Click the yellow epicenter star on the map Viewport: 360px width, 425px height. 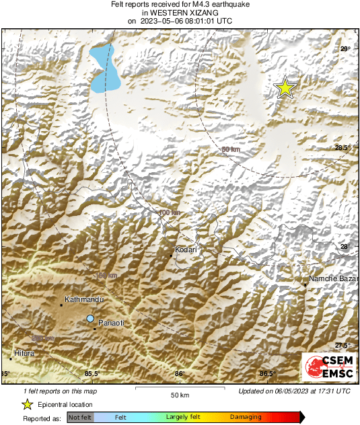point(285,88)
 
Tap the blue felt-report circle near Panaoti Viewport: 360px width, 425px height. point(90,318)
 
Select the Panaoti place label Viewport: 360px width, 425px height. point(112,323)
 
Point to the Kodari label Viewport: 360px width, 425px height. point(185,249)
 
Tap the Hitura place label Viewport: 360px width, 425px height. point(24,352)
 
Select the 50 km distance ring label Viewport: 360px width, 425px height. point(230,149)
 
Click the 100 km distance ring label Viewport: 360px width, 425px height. point(170,213)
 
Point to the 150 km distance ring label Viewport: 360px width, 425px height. point(106,276)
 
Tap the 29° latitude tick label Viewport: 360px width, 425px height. point(345,49)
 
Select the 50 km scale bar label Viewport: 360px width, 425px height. point(178,395)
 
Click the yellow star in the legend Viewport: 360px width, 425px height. point(27,404)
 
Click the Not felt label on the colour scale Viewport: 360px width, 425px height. point(80,418)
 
